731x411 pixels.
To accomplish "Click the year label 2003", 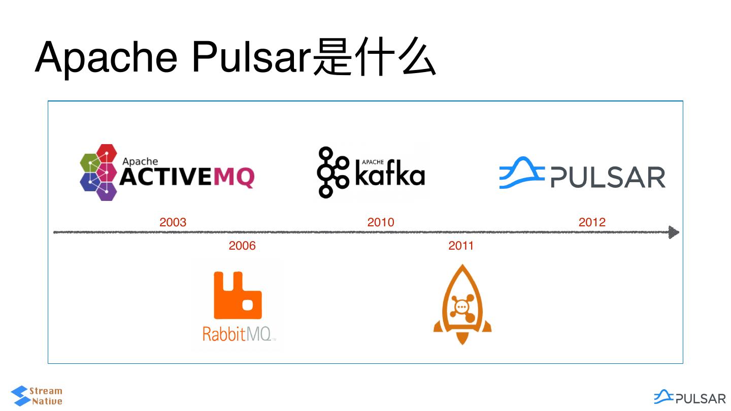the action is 173,222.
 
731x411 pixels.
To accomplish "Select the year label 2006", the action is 242,246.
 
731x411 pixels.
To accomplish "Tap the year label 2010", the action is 381,222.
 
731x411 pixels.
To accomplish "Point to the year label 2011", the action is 461,246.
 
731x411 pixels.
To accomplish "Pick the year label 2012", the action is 592,222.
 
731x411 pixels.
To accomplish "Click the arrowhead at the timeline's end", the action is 674,232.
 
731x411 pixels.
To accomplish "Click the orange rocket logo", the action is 462,304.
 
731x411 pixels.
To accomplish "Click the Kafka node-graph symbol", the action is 333,173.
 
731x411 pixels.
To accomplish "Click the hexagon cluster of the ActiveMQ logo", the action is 99,173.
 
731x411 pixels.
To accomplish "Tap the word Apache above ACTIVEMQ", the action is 140,161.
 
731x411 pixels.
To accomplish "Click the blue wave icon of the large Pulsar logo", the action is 521,174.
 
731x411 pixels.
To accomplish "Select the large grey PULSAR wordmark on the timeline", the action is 608,178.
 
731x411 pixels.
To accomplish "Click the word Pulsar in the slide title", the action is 251,57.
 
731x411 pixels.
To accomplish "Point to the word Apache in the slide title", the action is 106,57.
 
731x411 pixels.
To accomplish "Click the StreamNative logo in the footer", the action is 37,396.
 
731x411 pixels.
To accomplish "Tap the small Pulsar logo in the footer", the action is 690,397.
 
